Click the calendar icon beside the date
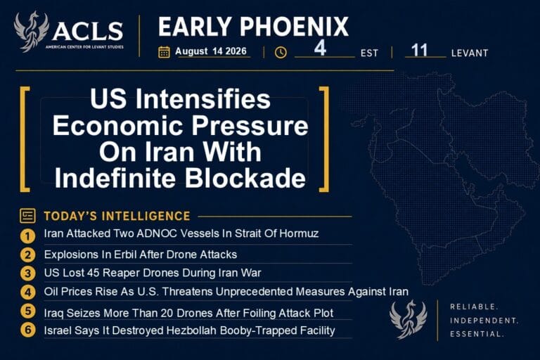(x=164, y=52)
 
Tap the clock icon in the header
(x=281, y=52)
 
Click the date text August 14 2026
(x=211, y=51)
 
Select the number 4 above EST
(x=320, y=48)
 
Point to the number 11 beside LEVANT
(x=419, y=51)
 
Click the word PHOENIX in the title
(x=294, y=27)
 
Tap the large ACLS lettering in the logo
(x=88, y=31)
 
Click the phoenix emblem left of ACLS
(x=31, y=32)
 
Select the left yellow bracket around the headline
(x=24, y=139)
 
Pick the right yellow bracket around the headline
(x=324, y=139)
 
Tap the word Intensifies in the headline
(x=202, y=99)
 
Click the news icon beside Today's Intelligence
(x=27, y=216)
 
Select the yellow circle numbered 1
(x=27, y=236)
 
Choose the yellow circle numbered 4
(x=27, y=292)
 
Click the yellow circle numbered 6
(x=27, y=329)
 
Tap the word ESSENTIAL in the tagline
(x=477, y=334)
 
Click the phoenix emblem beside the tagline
(x=408, y=319)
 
